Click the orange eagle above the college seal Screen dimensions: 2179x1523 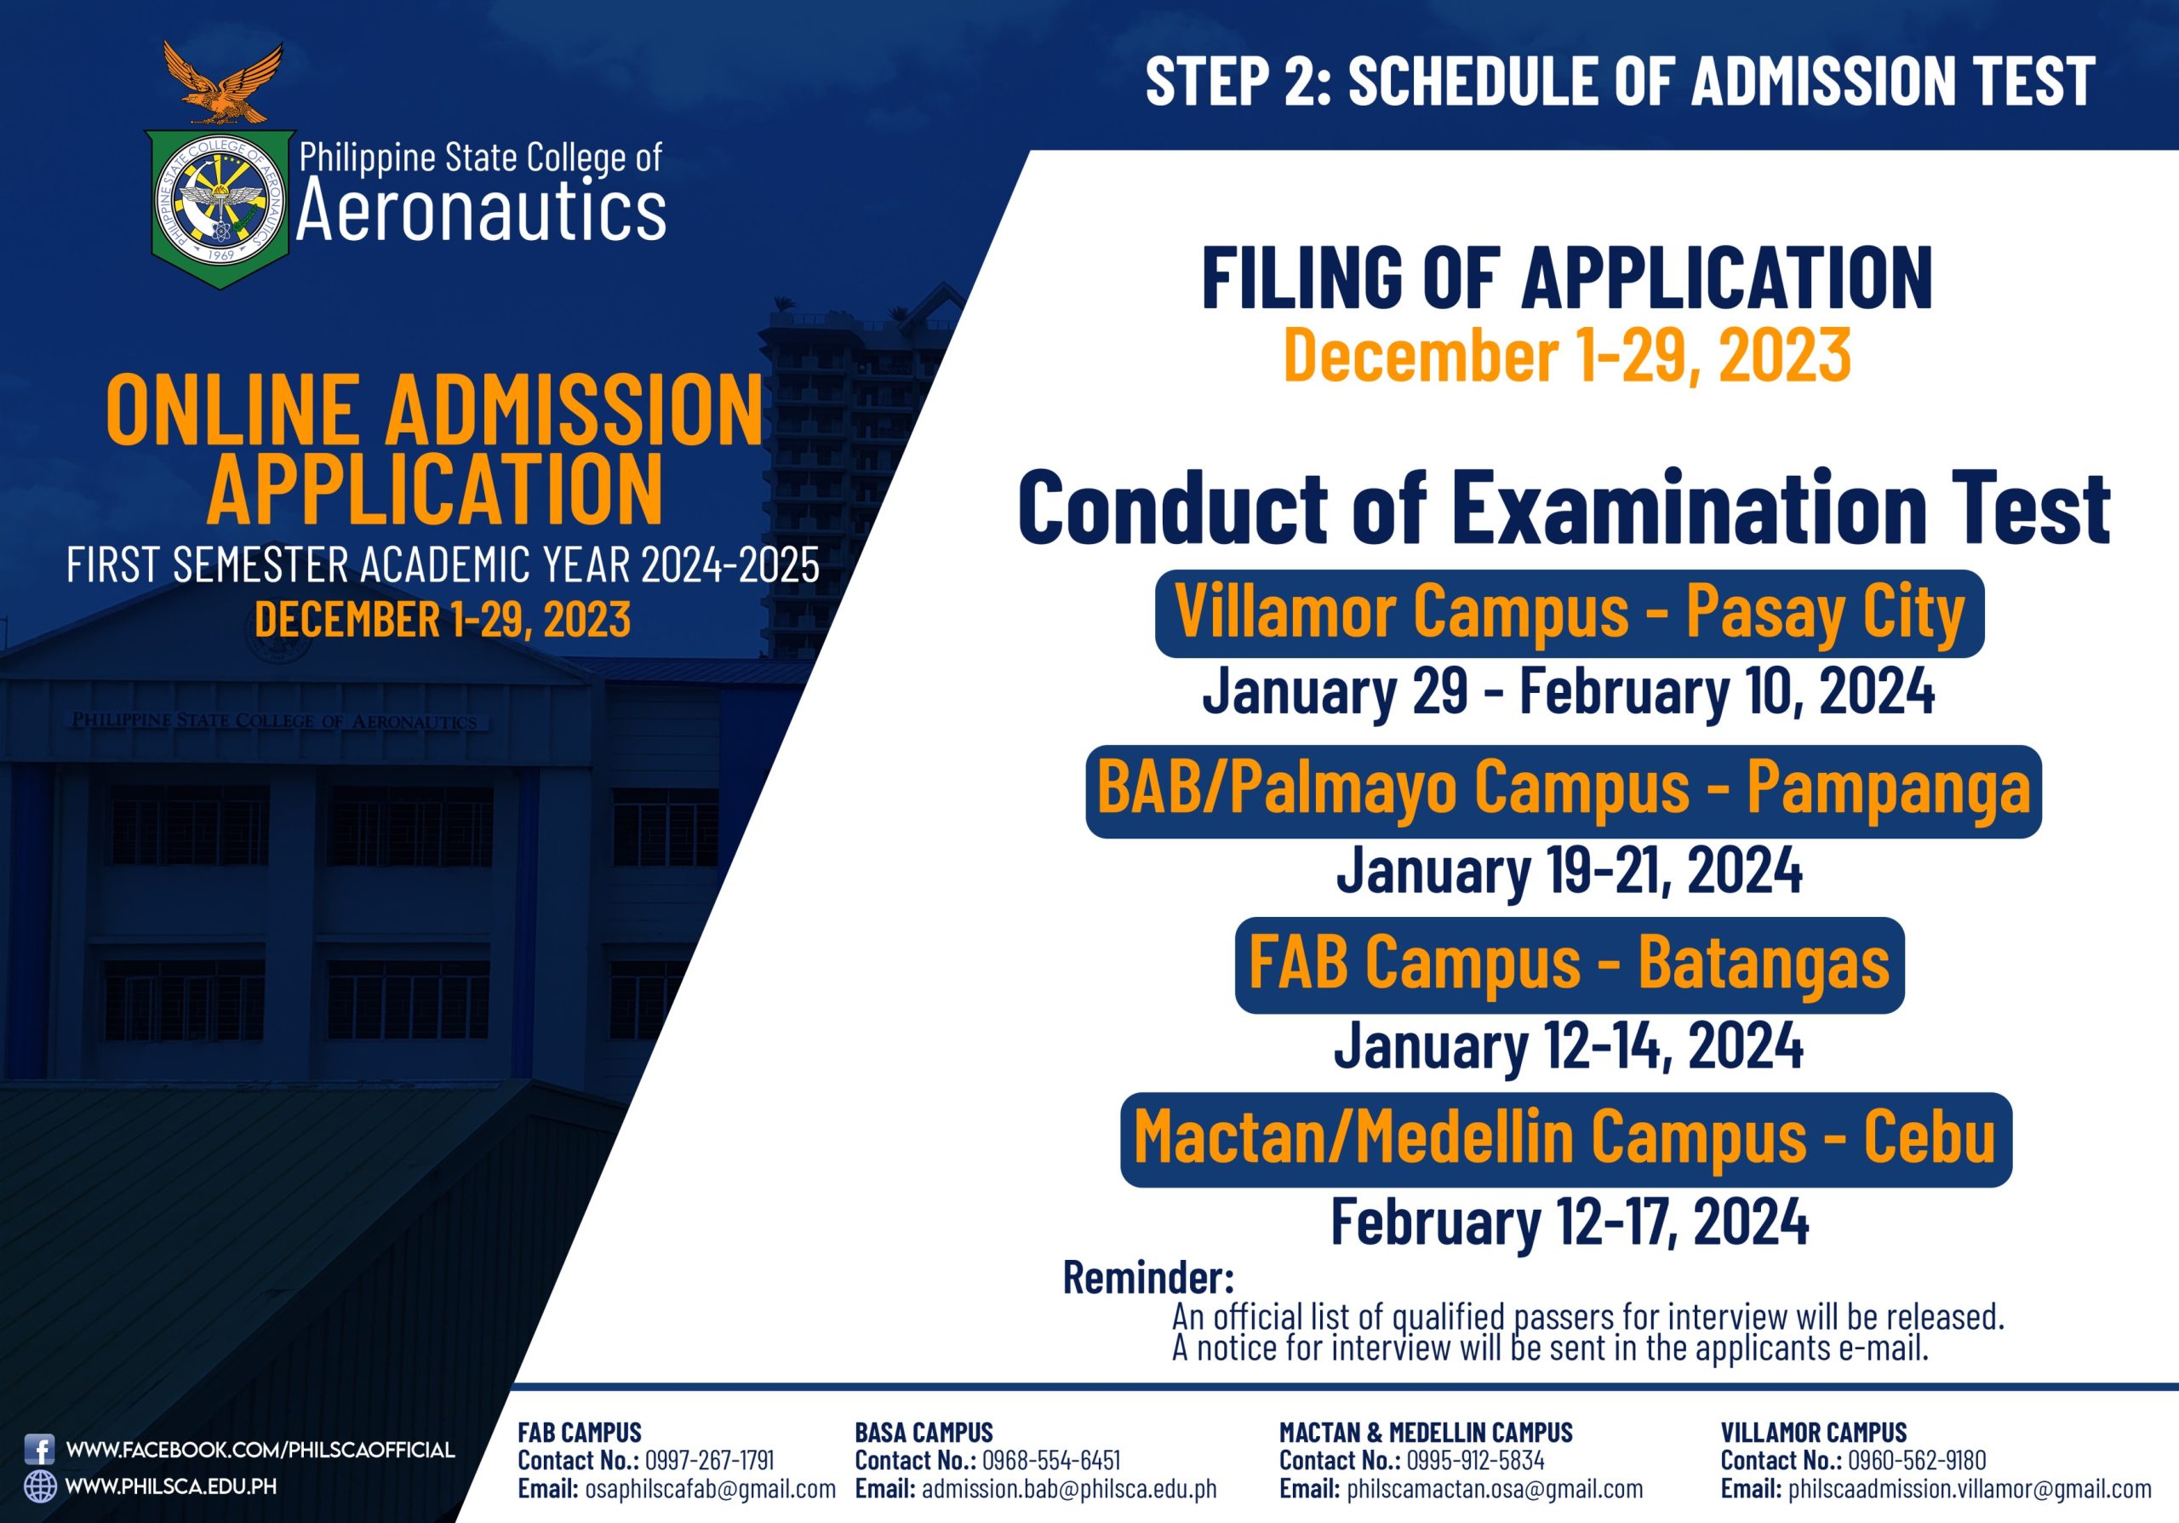point(222,83)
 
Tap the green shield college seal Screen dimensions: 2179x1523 point(220,209)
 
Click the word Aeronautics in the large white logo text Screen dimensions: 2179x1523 point(481,209)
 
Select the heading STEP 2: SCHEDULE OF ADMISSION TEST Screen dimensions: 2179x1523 point(1620,80)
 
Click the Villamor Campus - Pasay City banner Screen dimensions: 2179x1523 point(1570,613)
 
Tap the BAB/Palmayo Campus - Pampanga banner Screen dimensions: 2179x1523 point(1563,792)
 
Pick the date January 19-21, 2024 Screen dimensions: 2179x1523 point(1569,870)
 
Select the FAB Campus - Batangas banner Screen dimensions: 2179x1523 point(1569,965)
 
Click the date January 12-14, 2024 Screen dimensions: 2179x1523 point(1568,1045)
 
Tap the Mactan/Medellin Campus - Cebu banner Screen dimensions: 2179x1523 point(1566,1140)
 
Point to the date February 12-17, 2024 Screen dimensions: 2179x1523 point(1569,1222)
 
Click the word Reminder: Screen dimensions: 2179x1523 point(1148,1277)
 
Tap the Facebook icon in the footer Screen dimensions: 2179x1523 point(39,1449)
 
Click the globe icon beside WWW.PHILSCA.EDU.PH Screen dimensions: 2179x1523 point(40,1486)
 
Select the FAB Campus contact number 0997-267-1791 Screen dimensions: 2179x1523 point(709,1460)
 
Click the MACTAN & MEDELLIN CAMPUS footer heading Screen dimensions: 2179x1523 point(1426,1432)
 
